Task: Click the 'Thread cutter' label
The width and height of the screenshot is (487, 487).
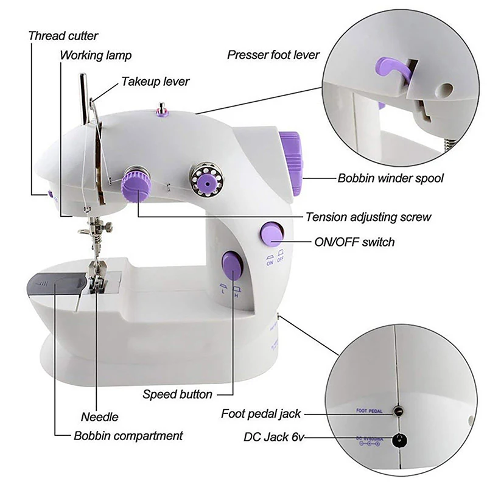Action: point(63,36)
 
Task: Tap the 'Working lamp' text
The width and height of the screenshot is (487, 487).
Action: point(96,55)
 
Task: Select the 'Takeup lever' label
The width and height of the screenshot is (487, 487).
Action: point(155,81)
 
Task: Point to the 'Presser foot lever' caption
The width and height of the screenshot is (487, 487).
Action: point(273,55)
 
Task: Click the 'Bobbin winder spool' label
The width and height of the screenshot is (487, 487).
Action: point(390,179)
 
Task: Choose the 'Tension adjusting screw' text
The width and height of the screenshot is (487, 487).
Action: point(368,217)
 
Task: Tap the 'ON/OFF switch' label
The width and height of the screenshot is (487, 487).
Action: point(354,242)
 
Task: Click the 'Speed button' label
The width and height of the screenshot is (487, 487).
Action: point(177,394)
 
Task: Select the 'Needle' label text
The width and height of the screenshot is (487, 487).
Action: point(100,417)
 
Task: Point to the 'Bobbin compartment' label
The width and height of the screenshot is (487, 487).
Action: point(128,436)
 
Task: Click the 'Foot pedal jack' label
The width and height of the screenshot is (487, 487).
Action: point(261,414)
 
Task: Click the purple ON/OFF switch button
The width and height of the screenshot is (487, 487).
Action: point(272,233)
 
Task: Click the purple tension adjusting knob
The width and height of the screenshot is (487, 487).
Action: point(135,184)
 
